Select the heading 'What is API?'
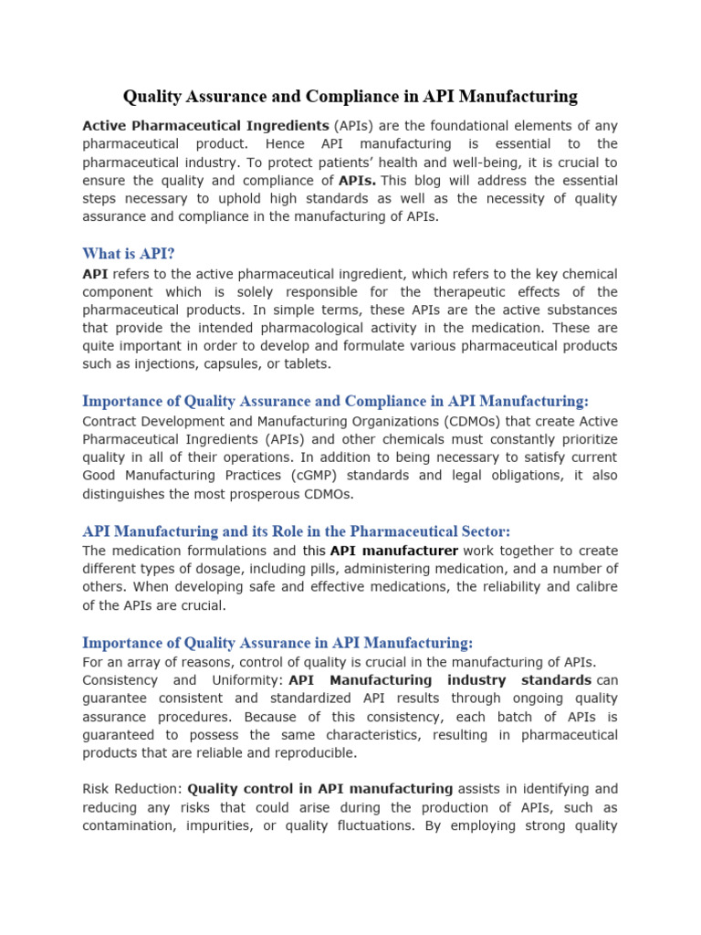point(128,253)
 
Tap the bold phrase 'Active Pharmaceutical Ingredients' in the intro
point(206,125)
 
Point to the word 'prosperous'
point(254,494)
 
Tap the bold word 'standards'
point(556,680)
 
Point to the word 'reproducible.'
point(310,753)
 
